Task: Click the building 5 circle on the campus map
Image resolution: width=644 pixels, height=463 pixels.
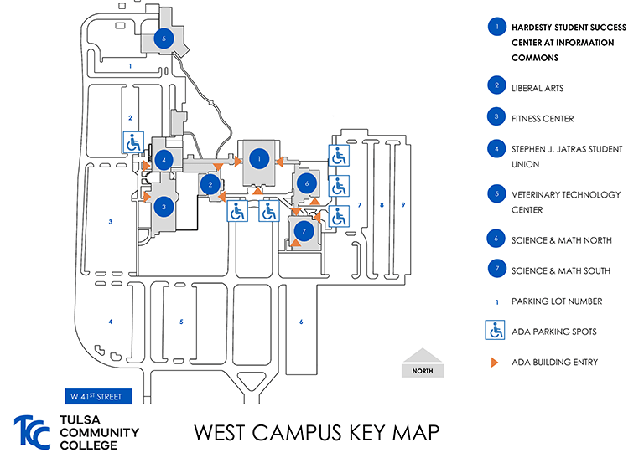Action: tap(164, 38)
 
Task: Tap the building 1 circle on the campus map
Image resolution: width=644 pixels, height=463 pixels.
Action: tap(260, 157)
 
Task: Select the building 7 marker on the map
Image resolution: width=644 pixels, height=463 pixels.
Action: tap(305, 229)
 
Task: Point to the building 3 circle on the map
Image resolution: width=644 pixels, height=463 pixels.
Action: tap(165, 207)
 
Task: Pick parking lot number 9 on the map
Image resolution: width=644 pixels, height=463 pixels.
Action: tap(402, 204)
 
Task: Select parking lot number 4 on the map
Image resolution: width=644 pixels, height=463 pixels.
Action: tap(110, 322)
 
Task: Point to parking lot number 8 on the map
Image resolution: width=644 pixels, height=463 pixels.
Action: tap(382, 204)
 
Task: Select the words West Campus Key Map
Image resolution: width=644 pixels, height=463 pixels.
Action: tap(316, 434)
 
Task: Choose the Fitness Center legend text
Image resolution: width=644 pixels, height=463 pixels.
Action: tap(543, 119)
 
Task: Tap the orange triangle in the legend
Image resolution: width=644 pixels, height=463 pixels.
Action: tap(495, 362)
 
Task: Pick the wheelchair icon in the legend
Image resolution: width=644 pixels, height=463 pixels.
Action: tap(496, 332)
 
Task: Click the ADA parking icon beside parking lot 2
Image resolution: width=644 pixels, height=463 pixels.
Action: tap(134, 143)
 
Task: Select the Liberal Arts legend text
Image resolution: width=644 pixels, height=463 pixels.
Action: tap(537, 88)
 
